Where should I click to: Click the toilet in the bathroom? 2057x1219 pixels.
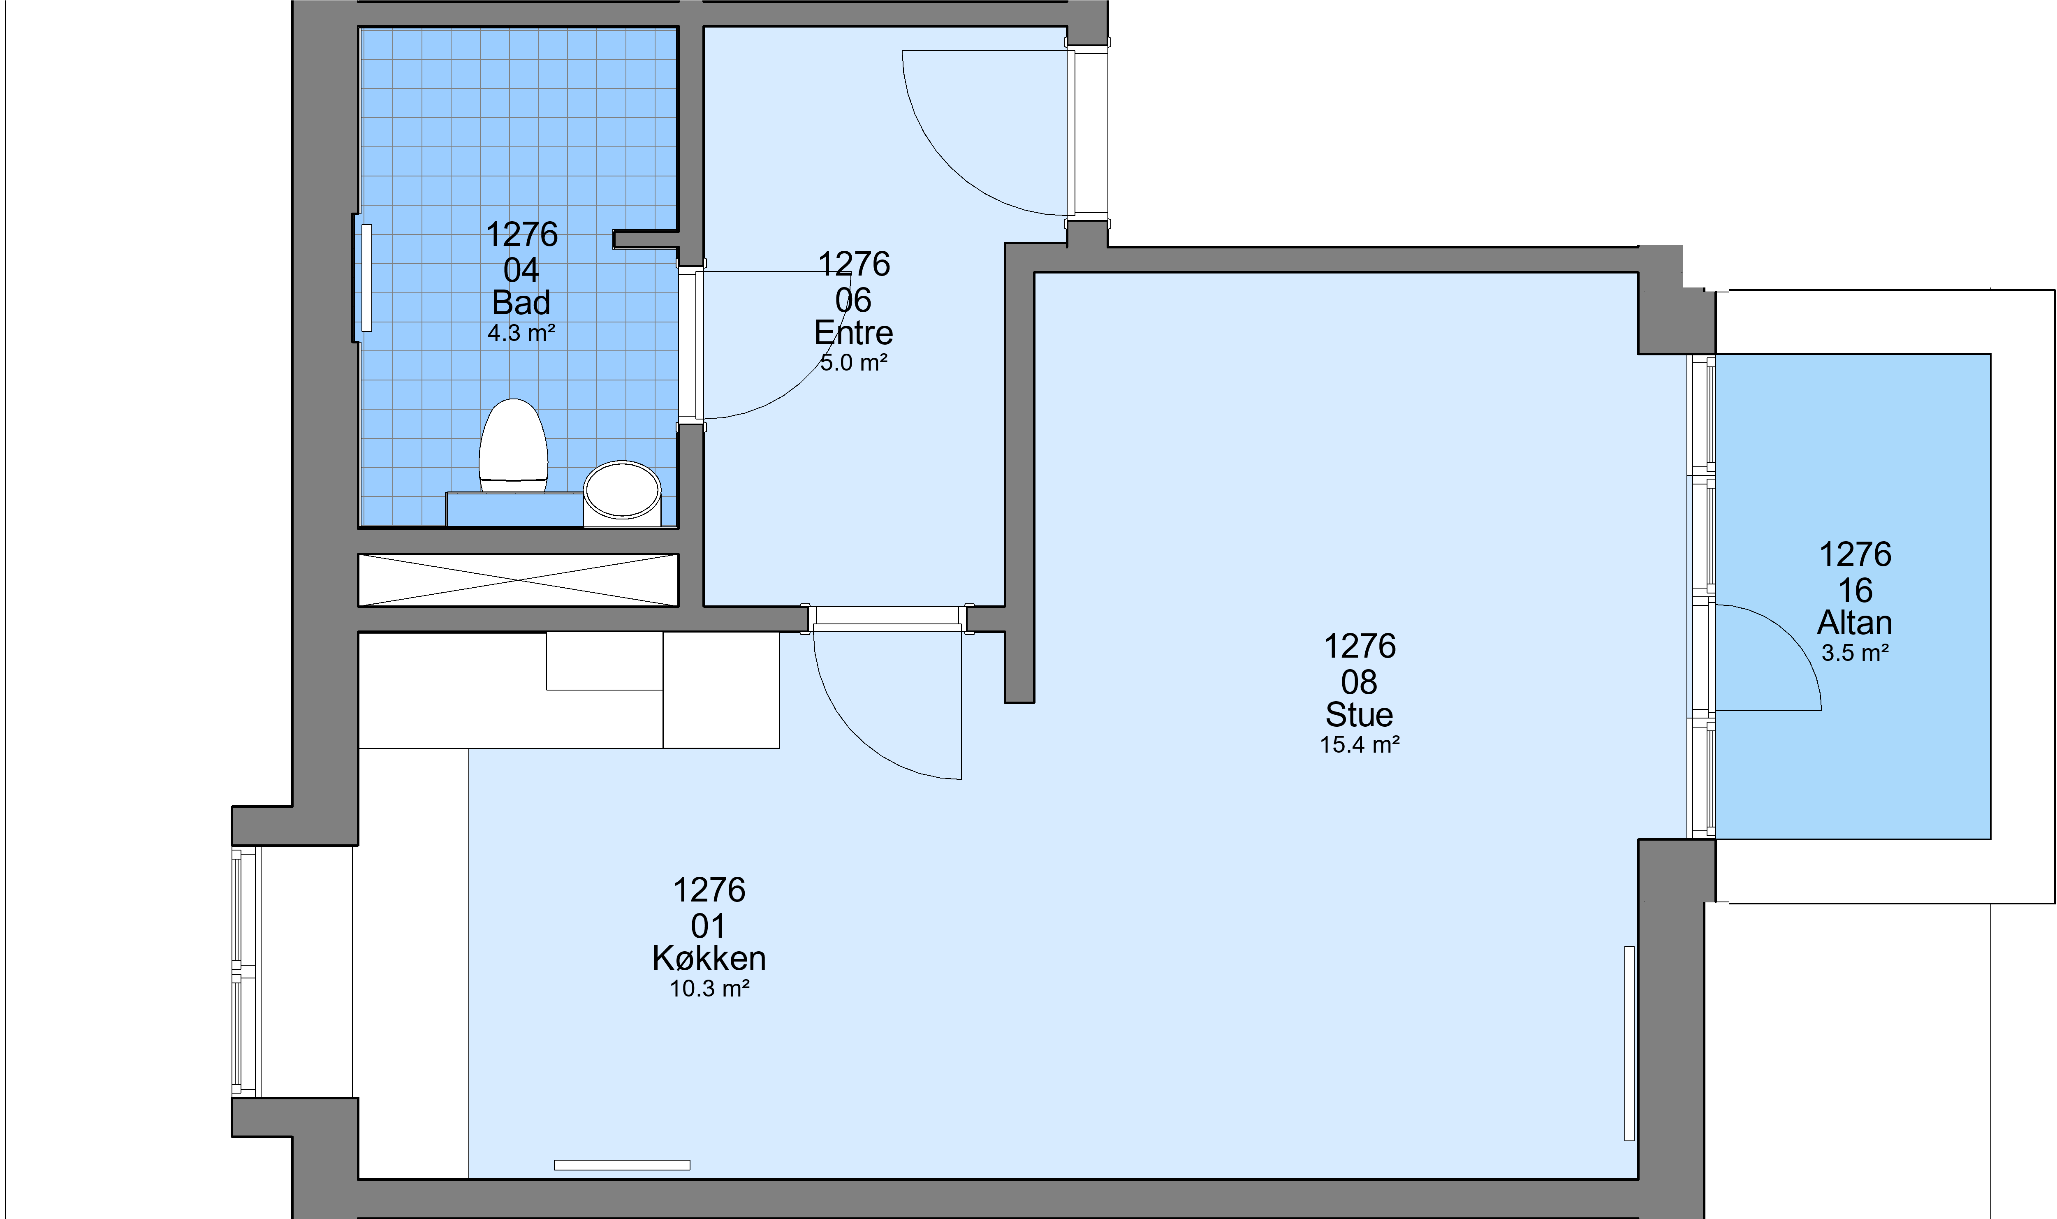click(x=513, y=445)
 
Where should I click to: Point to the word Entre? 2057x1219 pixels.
click(x=853, y=333)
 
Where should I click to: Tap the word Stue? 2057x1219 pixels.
click(x=1359, y=715)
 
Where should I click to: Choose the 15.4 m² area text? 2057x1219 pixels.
click(x=1359, y=744)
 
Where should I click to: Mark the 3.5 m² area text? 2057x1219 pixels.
click(x=1855, y=653)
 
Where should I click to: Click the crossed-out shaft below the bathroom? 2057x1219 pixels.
click(x=518, y=580)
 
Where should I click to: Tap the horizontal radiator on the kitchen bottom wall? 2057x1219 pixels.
click(x=622, y=1165)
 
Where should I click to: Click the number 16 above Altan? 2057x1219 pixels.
click(x=1855, y=591)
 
